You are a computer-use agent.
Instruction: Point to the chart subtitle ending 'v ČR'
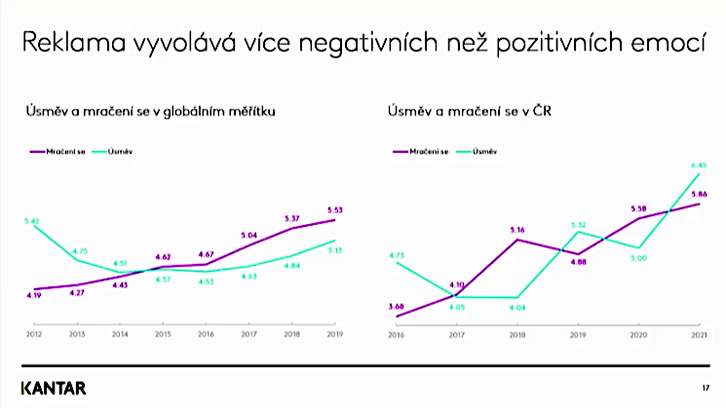[x=464, y=112]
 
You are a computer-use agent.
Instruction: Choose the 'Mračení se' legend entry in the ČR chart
[x=425, y=152]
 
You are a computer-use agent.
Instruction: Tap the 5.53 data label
[x=334, y=209]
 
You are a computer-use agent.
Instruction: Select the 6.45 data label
[x=697, y=165]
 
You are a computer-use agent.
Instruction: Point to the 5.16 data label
[x=516, y=230]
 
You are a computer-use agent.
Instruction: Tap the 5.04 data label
[x=248, y=235]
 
